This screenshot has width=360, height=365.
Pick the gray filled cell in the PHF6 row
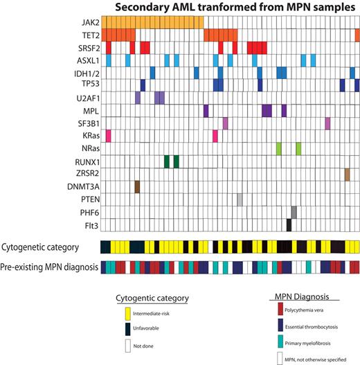[x=294, y=212]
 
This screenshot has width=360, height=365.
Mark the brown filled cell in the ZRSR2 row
[x=347, y=174]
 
